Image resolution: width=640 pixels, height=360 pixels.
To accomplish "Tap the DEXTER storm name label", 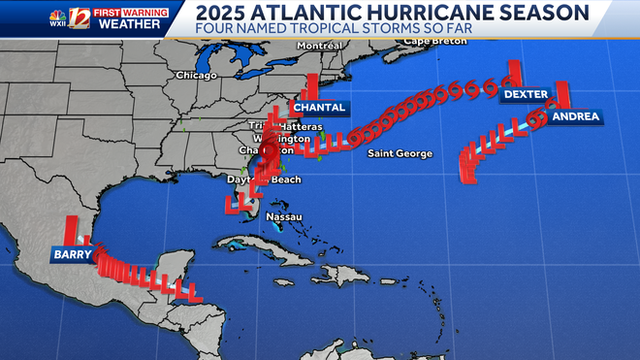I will coord(526,94).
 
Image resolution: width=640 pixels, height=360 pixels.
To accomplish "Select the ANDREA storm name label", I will coord(575,116).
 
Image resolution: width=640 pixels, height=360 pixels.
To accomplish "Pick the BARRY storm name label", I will coord(73,255).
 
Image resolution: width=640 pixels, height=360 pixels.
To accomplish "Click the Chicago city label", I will coord(196,75).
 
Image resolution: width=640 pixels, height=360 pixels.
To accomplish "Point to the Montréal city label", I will coord(324,46).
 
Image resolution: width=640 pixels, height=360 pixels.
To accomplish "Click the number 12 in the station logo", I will coord(79,17).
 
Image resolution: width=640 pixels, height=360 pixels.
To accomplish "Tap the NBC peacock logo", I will coord(59,14).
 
